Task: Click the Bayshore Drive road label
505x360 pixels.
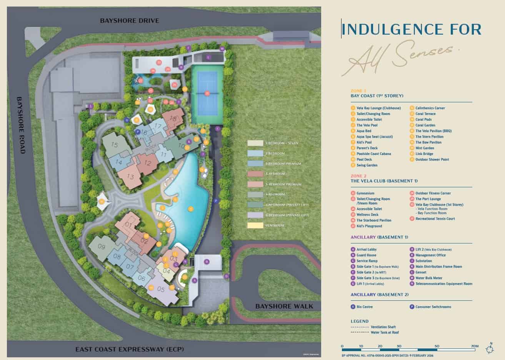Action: [x=129, y=20]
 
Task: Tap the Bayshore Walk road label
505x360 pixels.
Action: [x=284, y=306]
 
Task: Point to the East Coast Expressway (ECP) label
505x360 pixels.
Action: [x=130, y=349]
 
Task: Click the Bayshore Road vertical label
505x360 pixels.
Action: [x=20, y=125]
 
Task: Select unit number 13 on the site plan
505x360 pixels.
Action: [x=130, y=177]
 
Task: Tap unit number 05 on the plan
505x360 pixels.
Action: [x=161, y=289]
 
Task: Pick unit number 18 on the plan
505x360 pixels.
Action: [x=172, y=118]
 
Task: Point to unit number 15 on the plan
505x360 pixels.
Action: [x=114, y=145]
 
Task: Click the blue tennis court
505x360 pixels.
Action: [x=208, y=93]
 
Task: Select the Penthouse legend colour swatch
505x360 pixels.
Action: [x=255, y=225]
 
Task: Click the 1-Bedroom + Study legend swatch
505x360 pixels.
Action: [x=255, y=143]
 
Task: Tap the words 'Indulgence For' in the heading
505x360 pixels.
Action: [x=411, y=29]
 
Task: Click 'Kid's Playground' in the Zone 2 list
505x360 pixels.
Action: [x=369, y=226]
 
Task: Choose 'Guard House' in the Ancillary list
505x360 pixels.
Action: [x=366, y=255]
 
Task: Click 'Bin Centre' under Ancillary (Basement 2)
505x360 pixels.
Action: [x=364, y=307]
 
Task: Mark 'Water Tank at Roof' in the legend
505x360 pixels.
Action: [x=385, y=332]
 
